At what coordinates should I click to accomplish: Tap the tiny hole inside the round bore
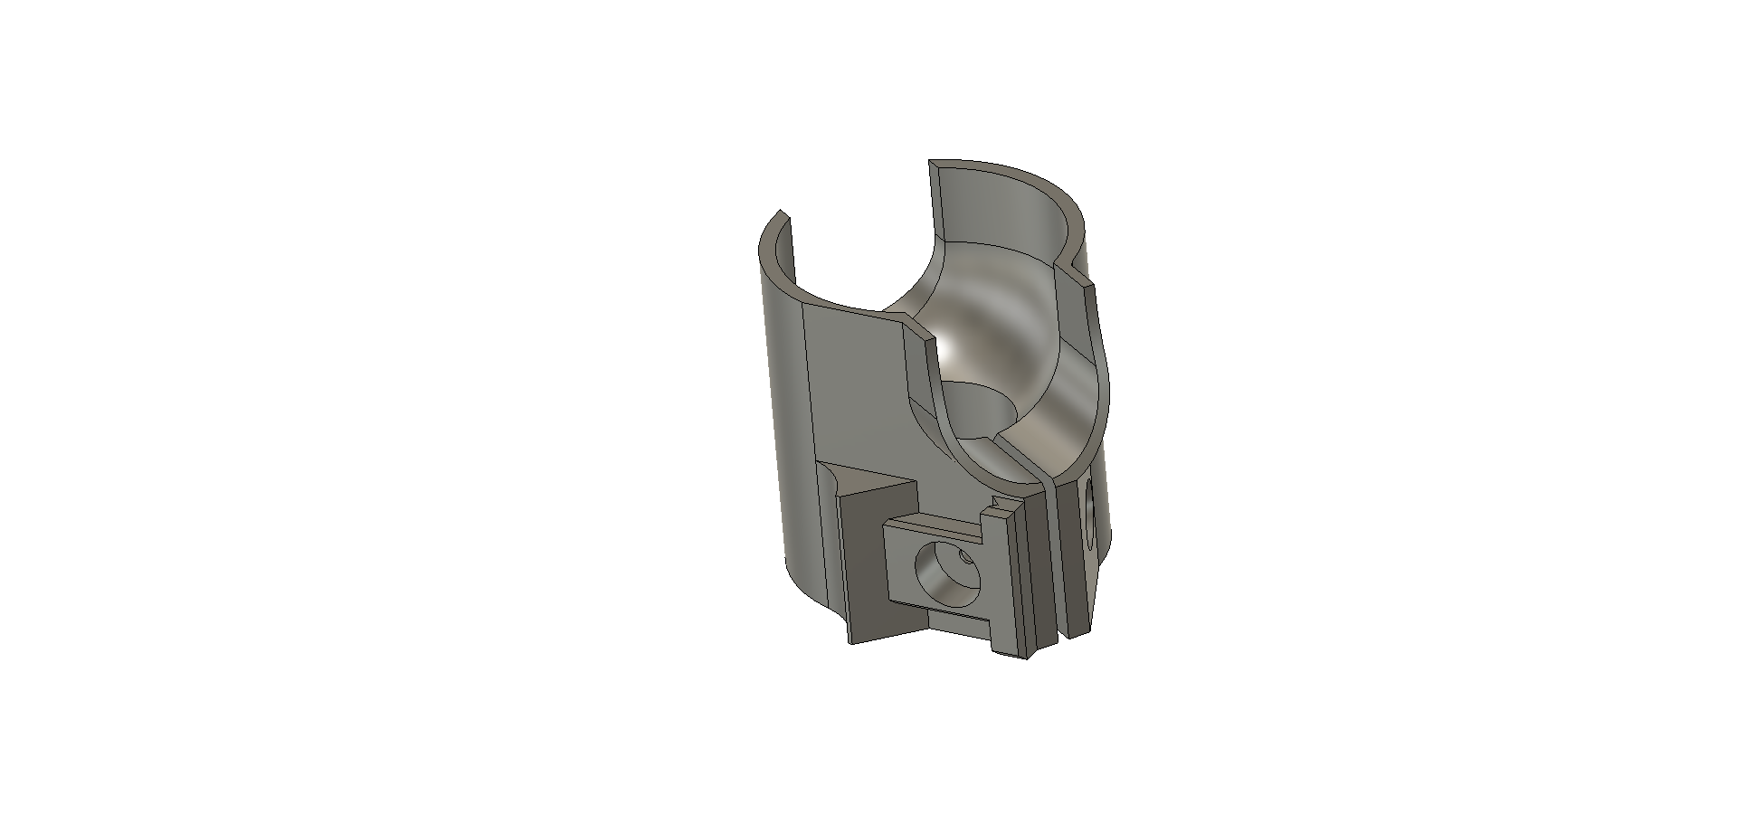[965, 556]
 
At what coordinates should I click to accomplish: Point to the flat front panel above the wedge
[859, 398]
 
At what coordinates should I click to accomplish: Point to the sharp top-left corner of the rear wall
[931, 162]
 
